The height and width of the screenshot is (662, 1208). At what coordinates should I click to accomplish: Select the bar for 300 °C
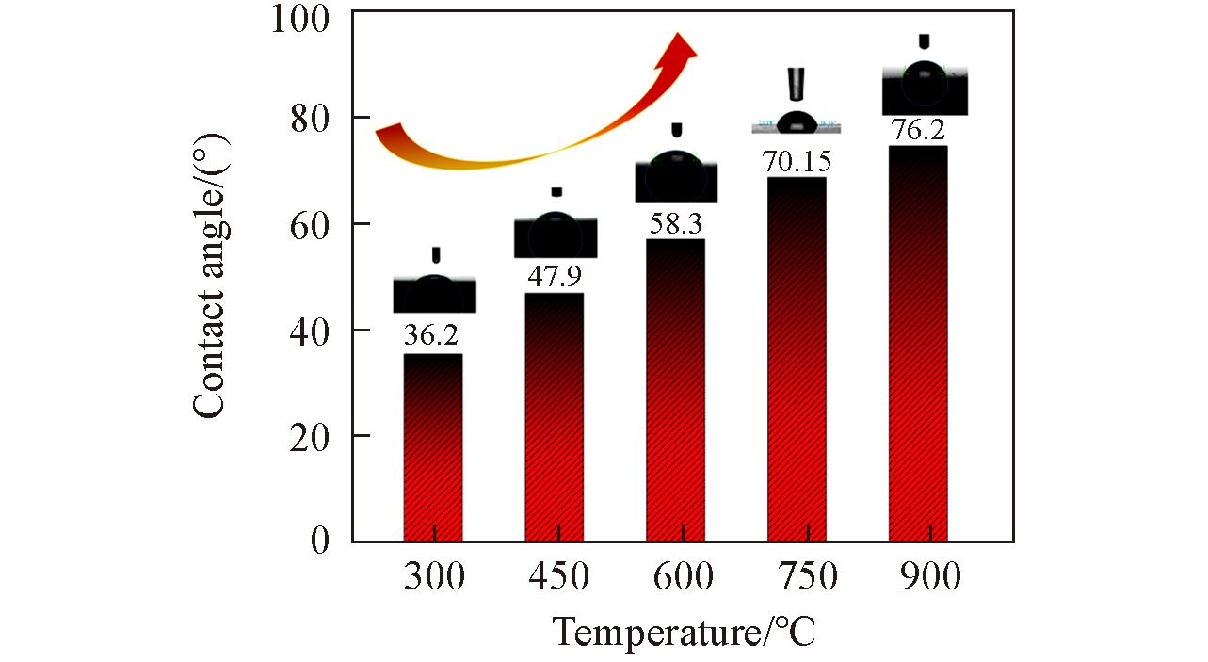pyautogui.click(x=433, y=447)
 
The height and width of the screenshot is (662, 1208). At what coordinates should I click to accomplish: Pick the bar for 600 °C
pyautogui.click(x=675, y=390)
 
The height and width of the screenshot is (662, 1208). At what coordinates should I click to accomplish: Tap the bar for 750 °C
pyautogui.click(x=797, y=359)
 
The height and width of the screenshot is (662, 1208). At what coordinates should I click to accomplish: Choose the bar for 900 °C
pyautogui.click(x=918, y=344)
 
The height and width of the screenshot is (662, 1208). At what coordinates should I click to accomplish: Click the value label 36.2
pyautogui.click(x=431, y=336)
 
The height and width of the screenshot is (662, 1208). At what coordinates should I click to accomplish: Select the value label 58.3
pyautogui.click(x=676, y=223)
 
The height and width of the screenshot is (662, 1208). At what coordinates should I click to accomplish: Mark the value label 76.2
pyautogui.click(x=918, y=130)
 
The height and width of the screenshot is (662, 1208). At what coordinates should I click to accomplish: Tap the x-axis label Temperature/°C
pyautogui.click(x=683, y=632)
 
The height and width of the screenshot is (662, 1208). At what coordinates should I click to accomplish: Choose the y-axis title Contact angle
pyautogui.click(x=211, y=273)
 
